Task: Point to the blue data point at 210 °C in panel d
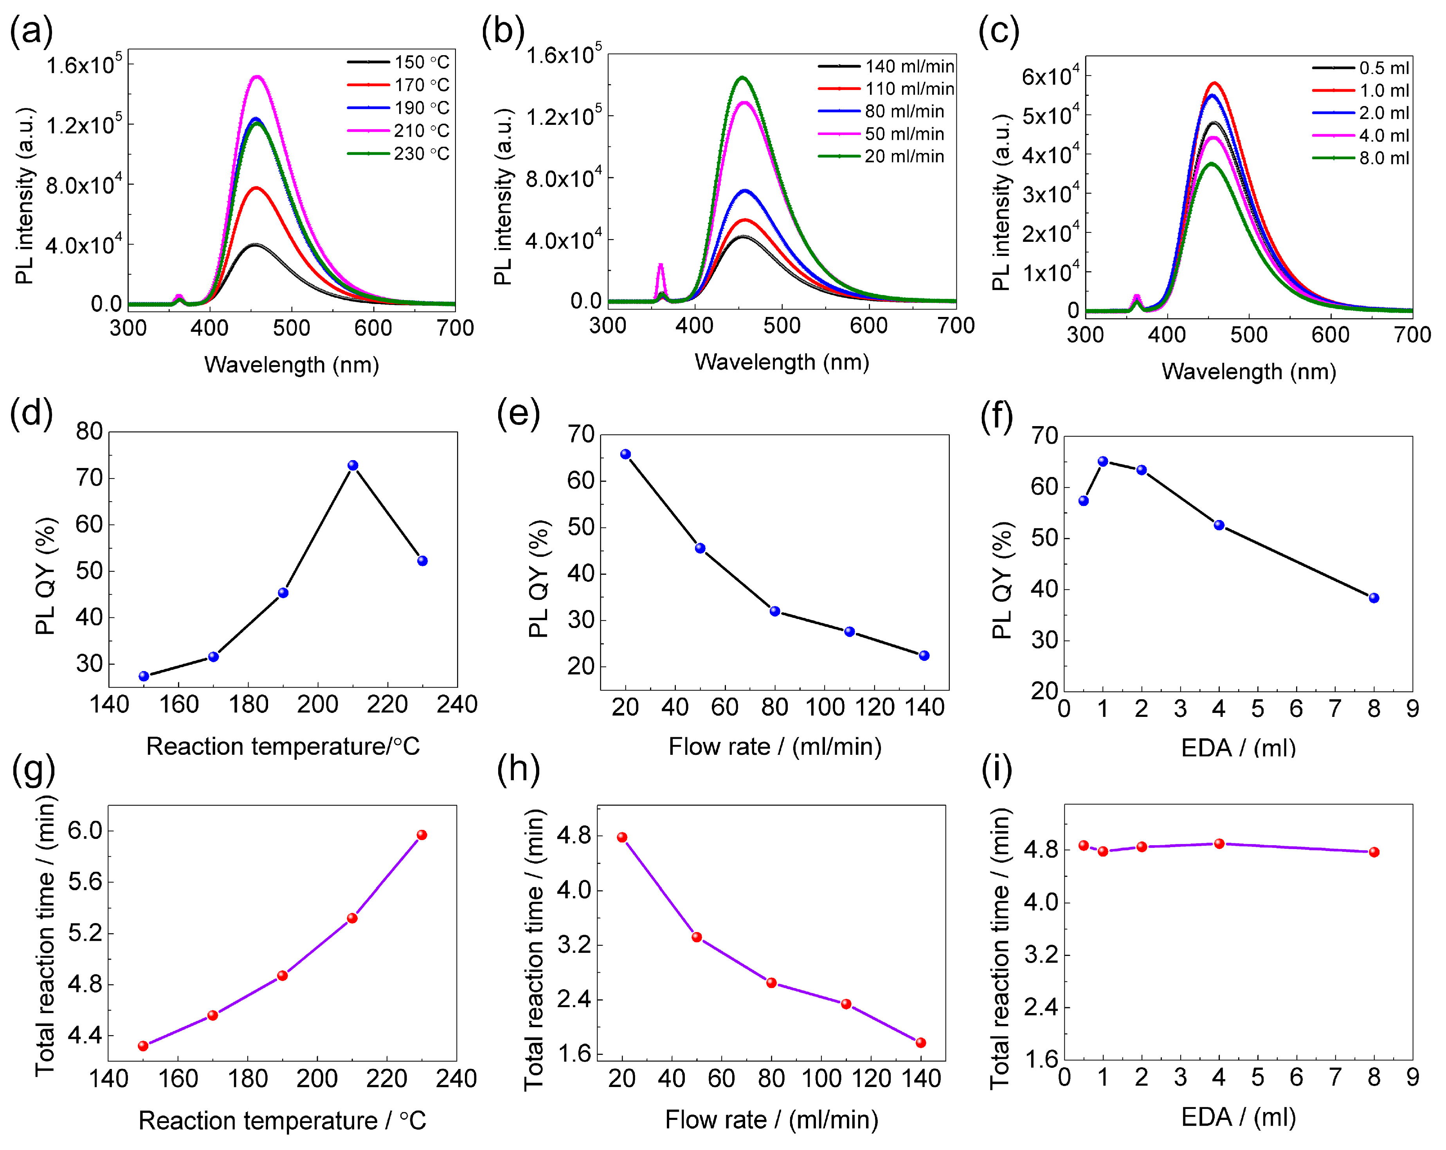click(x=353, y=465)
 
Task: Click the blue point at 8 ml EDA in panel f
click(x=1374, y=597)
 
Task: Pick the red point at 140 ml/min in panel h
click(x=921, y=1043)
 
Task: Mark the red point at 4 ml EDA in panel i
click(x=1219, y=844)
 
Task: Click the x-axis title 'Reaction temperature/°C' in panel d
click(x=283, y=746)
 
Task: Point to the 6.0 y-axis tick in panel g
click(x=85, y=831)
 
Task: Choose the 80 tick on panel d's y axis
click(x=89, y=431)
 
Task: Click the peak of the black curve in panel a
click(x=255, y=245)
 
